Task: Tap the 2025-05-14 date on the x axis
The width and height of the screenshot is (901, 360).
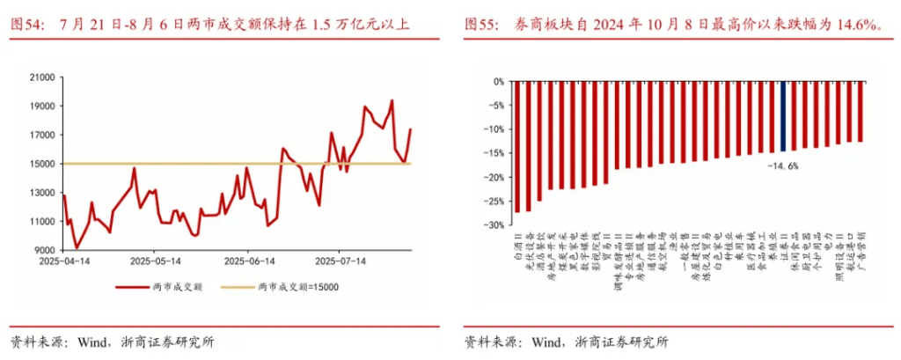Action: (x=156, y=261)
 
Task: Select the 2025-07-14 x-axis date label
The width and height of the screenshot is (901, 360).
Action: (x=341, y=261)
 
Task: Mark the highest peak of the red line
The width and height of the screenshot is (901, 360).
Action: (x=392, y=101)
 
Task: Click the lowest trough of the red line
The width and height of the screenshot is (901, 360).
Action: (x=77, y=247)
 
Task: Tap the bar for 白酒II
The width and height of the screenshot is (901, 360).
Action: (x=516, y=146)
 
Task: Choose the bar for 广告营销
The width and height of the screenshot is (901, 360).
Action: (x=861, y=111)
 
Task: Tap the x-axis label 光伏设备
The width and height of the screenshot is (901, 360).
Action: (x=528, y=250)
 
